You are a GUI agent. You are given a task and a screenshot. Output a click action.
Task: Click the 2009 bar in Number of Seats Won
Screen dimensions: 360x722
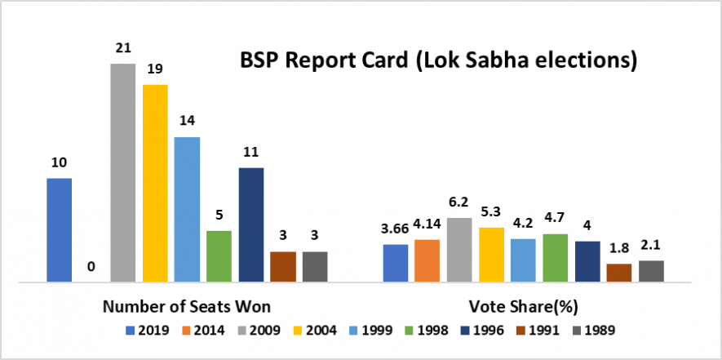(x=122, y=173)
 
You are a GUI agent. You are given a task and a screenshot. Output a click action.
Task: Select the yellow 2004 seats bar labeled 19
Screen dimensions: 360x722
(x=155, y=183)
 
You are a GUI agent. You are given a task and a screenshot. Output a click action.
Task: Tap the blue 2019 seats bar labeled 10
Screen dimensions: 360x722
(x=59, y=230)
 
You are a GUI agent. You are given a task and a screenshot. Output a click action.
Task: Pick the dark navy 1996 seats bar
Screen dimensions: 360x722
(x=250, y=224)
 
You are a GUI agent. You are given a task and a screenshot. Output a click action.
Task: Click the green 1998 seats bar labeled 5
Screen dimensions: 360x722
(x=219, y=256)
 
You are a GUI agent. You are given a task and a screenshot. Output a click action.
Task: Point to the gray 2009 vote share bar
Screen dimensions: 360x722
(x=459, y=250)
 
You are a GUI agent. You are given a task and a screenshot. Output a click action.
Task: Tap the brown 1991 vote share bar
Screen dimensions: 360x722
(x=619, y=273)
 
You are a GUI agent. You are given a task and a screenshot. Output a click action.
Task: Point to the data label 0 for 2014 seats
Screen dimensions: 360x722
(x=91, y=266)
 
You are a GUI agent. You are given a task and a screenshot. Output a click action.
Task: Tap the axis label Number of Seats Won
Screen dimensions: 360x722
(x=187, y=307)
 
